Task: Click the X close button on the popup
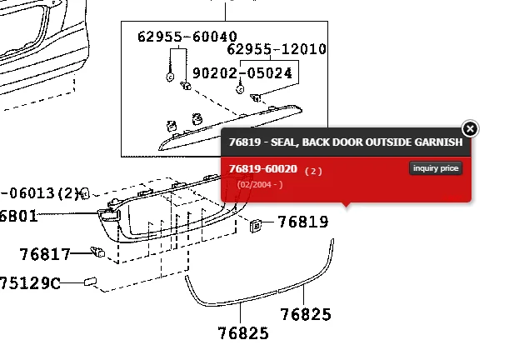[x=470, y=128]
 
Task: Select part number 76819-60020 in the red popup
[x=262, y=169]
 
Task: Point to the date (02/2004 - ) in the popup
[x=260, y=184]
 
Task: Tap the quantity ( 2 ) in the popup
[x=312, y=170]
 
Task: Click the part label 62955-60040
[x=187, y=37]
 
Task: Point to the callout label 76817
[x=45, y=252]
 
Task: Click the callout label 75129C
[x=30, y=283]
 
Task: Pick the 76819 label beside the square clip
[x=302, y=222]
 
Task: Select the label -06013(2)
[x=38, y=193]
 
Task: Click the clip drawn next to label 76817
[x=97, y=250]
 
